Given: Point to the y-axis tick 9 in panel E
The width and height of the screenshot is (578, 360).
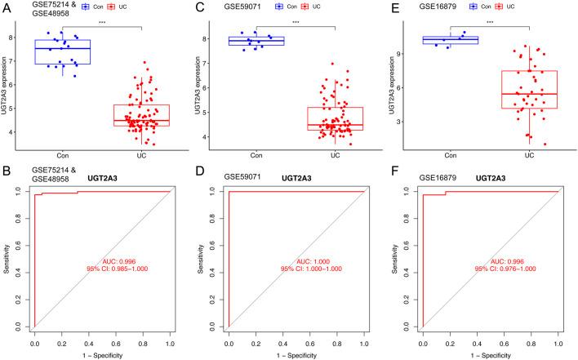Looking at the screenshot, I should [x=403, y=54].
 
